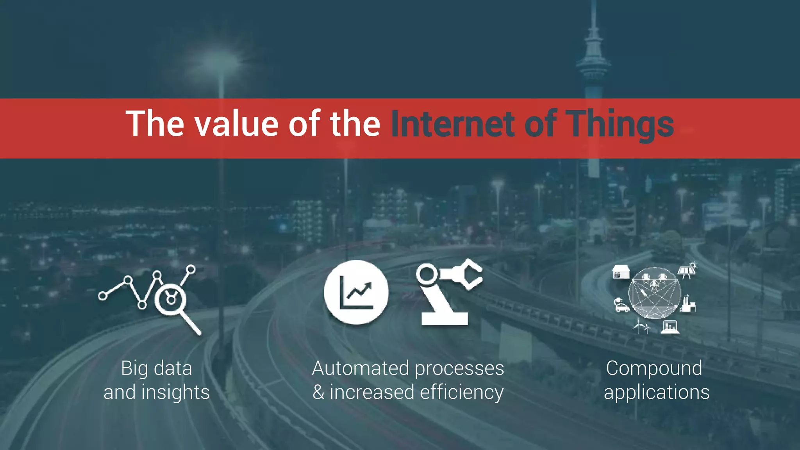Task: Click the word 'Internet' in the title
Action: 452,124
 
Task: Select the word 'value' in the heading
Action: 236,124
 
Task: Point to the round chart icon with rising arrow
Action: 356,292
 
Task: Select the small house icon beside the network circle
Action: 621,272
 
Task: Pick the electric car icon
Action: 621,305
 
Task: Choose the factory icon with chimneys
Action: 688,305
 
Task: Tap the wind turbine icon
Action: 641,326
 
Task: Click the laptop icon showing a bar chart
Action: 670,327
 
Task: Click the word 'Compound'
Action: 654,368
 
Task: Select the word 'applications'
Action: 656,392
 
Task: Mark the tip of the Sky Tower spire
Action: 594,2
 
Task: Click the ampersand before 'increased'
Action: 318,392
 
